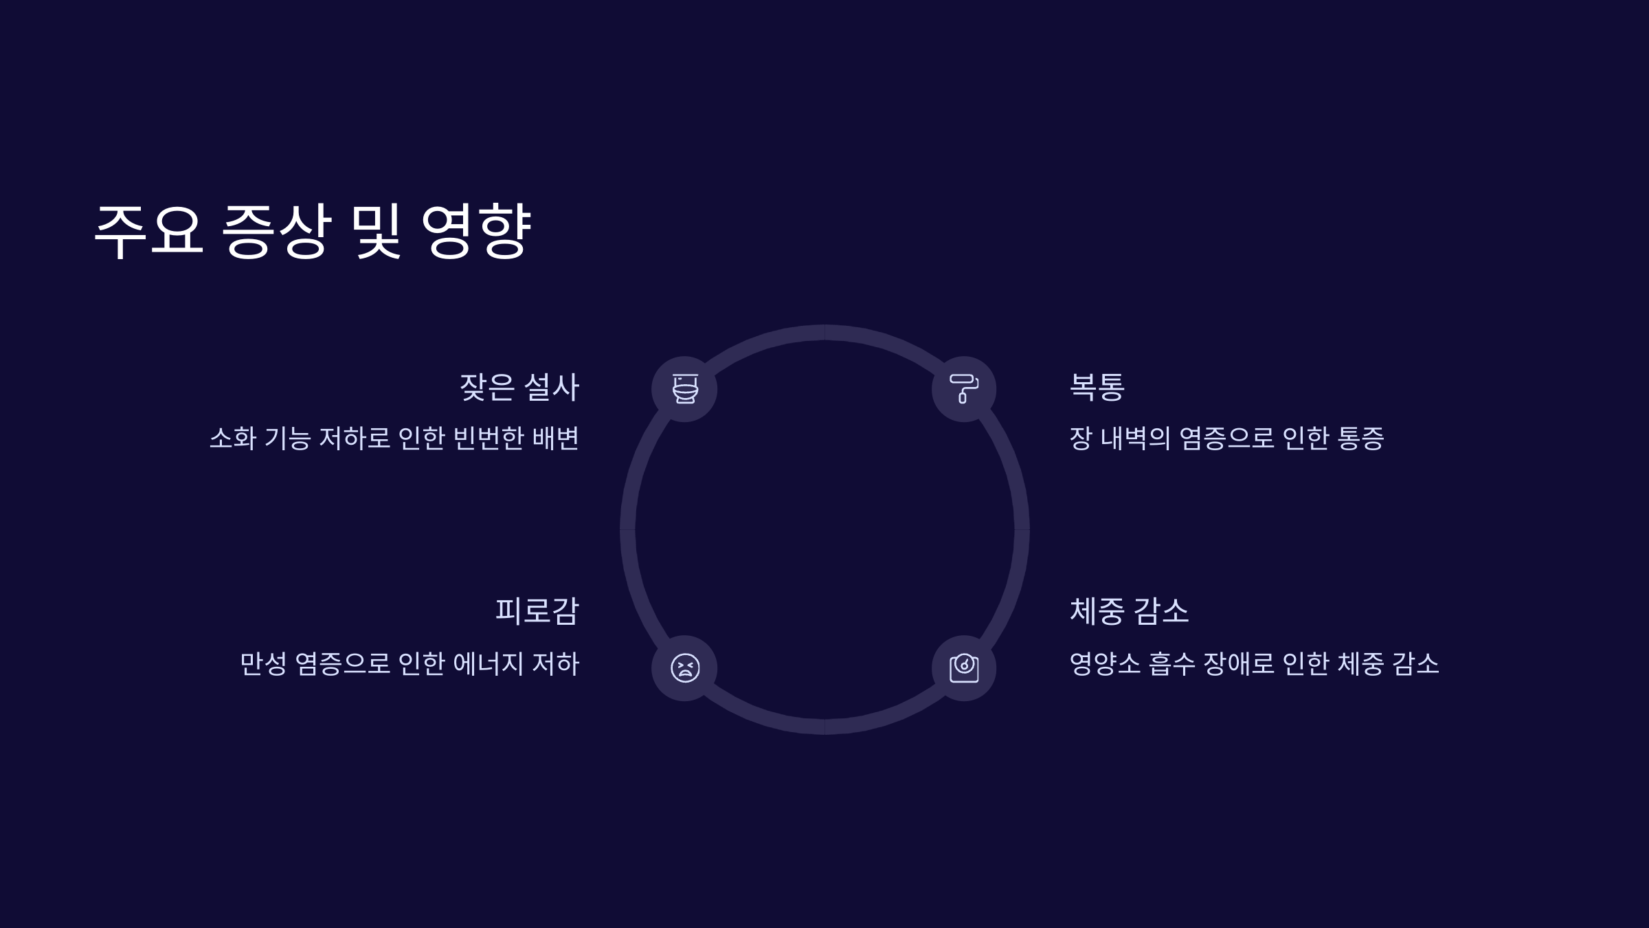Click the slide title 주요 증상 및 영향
point(313,231)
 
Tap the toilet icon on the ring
point(685,389)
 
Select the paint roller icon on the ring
point(964,389)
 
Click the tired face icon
point(685,668)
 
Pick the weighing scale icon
point(964,668)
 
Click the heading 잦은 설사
point(519,387)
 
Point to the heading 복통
point(1097,387)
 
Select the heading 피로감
point(537,611)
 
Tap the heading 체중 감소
point(1130,611)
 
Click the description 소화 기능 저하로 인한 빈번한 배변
point(394,439)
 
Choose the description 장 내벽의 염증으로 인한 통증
point(1226,439)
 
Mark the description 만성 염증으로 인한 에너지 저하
point(410,664)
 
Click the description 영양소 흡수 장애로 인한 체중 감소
point(1254,664)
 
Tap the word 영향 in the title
point(475,231)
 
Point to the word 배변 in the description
point(556,439)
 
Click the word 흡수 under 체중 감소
point(1171,664)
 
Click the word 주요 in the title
point(148,231)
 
